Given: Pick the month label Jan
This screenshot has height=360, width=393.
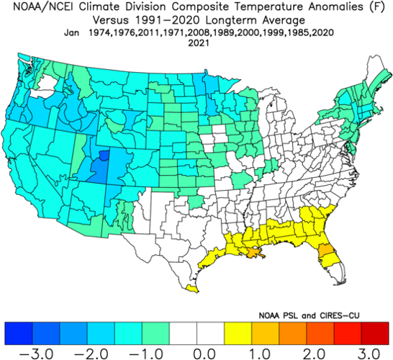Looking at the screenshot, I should pyautogui.click(x=71, y=32).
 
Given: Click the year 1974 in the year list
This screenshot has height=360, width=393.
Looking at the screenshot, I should pyautogui.click(x=101, y=32).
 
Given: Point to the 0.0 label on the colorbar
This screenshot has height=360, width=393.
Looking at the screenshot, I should pyautogui.click(x=196, y=353).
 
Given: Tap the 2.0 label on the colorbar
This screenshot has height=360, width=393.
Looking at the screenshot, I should pyautogui.click(x=309, y=353).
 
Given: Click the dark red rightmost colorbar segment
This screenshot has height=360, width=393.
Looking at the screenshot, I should pyautogui.click(x=374, y=332).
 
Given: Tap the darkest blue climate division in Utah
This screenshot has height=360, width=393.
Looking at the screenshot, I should pyautogui.click(x=105, y=155).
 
